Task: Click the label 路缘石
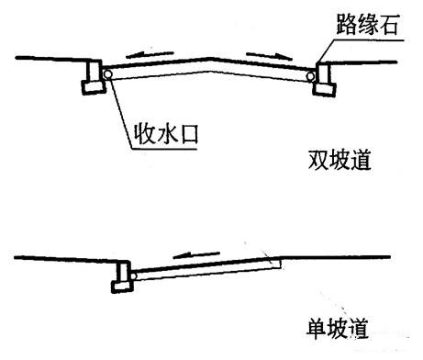tap(367, 24)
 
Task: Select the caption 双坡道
tap(340, 160)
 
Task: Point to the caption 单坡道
tap(338, 329)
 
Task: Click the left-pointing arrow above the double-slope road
tap(150, 54)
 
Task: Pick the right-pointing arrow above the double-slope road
tap(270, 55)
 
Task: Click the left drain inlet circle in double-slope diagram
tap(107, 74)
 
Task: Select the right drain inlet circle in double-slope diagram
tap(311, 76)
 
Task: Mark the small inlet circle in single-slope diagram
tap(133, 276)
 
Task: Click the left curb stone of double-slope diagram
tap(94, 77)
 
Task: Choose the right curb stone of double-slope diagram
tap(324, 79)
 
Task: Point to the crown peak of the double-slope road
tap(210, 58)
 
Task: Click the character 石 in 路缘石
tap(388, 24)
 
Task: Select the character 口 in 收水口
tap(189, 134)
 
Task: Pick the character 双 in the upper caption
tap(317, 160)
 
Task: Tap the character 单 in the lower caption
tap(317, 329)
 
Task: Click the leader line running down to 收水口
tap(120, 111)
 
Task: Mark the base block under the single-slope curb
tap(122, 287)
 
